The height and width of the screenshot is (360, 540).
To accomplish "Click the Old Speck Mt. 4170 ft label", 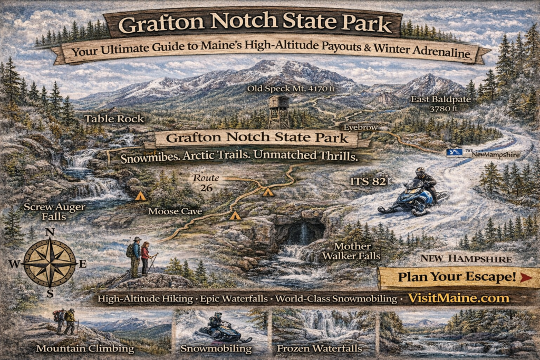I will click(x=291, y=89).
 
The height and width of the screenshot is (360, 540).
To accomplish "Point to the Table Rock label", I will click(x=114, y=119).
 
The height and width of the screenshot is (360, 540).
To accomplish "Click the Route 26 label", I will click(x=206, y=183).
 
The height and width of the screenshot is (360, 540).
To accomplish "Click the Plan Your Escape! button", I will click(x=456, y=277).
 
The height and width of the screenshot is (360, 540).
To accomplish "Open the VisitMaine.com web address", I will click(x=458, y=298).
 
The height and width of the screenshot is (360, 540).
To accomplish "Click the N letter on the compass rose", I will click(x=50, y=232).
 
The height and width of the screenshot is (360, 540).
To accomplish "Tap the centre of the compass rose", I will click(x=50, y=263).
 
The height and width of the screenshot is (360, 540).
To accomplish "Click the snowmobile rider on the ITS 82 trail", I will click(x=417, y=192).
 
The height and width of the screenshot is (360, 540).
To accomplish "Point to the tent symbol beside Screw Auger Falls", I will click(x=140, y=196).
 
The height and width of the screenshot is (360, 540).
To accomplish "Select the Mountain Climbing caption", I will click(x=85, y=348).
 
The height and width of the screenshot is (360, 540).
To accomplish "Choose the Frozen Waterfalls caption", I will click(x=320, y=348).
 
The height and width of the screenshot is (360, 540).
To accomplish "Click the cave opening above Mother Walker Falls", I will click(x=299, y=232).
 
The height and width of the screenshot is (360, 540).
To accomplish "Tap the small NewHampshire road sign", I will click(x=483, y=154).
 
